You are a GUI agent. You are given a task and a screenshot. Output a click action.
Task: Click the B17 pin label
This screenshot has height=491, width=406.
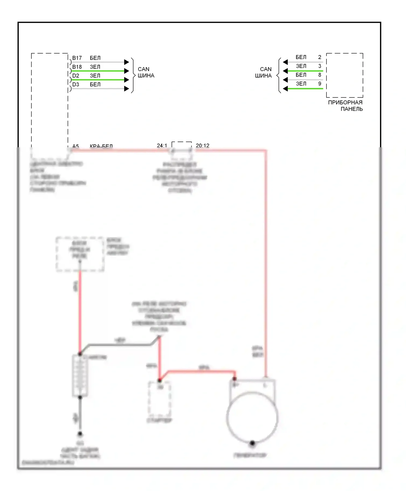click(77, 58)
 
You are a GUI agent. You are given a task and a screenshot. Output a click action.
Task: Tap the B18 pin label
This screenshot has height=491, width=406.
click(77, 67)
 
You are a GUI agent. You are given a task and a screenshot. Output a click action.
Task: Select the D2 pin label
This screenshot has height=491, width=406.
click(76, 76)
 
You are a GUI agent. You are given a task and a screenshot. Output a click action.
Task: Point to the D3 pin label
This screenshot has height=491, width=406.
click(76, 84)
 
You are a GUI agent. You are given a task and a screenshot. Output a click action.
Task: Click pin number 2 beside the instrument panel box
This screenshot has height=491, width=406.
click(320, 57)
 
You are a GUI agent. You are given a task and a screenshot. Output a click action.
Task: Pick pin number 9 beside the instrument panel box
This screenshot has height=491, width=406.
click(320, 84)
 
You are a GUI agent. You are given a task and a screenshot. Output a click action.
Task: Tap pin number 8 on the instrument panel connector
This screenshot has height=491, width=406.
click(320, 75)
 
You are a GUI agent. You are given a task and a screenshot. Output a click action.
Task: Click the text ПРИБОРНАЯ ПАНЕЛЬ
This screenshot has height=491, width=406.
click(345, 106)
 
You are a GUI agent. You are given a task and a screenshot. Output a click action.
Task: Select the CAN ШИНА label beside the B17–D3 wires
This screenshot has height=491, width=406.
click(146, 72)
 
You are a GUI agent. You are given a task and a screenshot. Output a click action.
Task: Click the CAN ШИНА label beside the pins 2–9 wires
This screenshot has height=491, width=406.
click(263, 72)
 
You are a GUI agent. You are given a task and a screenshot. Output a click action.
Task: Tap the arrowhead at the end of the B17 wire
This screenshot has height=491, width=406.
click(127, 62)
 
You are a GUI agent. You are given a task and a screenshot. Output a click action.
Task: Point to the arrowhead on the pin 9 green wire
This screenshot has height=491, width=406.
click(285, 89)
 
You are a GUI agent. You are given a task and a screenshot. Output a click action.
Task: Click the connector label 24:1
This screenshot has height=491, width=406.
click(162, 146)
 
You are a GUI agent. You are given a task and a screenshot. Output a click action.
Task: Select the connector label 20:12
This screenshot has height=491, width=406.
click(202, 146)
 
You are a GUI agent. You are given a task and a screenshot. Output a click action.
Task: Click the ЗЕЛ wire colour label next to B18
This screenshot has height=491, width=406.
click(95, 67)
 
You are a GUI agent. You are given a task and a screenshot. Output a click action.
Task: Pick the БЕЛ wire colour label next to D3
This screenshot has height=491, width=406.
click(95, 84)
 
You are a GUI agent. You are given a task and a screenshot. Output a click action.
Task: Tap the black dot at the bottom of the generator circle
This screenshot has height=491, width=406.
click(252, 443)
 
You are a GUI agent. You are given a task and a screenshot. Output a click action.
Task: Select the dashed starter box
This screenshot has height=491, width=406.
click(160, 399)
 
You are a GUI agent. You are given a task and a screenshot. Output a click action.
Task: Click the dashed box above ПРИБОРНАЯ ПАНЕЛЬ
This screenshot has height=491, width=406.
click(345, 75)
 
